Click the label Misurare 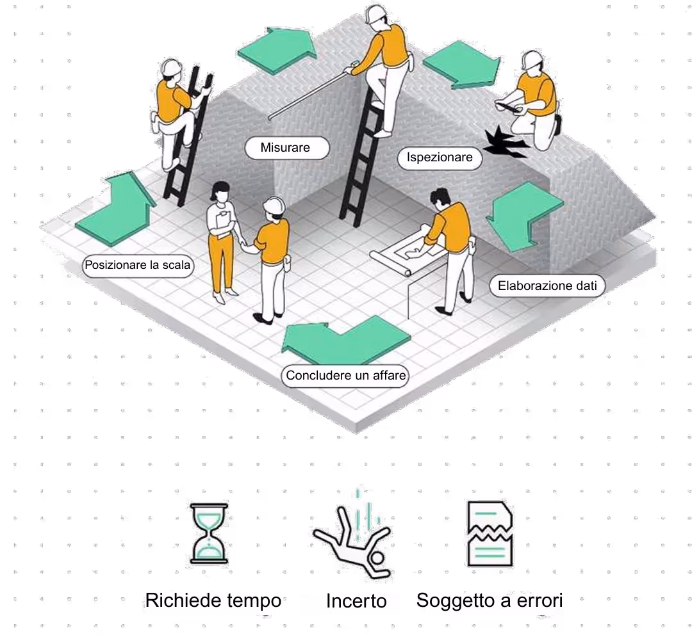pos(286,148)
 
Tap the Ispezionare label pos(440,157)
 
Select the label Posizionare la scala pos(138,265)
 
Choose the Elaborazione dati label pos(547,286)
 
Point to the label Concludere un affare pos(345,376)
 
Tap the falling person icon pos(354,535)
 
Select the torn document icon pos(490,533)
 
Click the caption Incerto pos(356,602)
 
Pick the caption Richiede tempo pos(210,602)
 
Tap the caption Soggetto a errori pos(489,602)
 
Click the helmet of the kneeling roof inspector pos(532,60)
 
